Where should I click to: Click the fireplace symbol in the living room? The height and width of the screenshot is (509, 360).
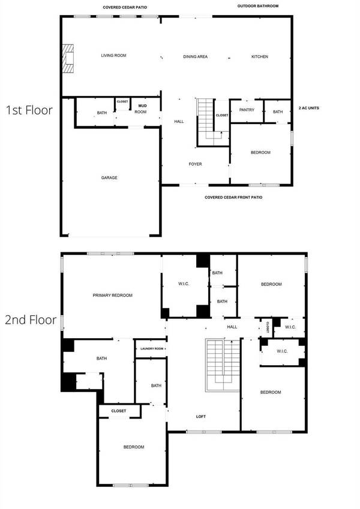pyautogui.click(x=69, y=58)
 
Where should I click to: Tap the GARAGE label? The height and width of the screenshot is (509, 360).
pyautogui.click(x=109, y=177)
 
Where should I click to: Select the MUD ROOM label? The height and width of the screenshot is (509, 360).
pyautogui.click(x=140, y=109)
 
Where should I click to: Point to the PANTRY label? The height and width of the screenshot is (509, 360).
pyautogui.click(x=247, y=110)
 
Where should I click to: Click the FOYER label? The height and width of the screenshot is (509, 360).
pyautogui.click(x=196, y=164)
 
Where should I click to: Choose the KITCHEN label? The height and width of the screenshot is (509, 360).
pyautogui.click(x=260, y=56)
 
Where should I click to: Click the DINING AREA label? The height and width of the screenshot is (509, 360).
pyautogui.click(x=196, y=56)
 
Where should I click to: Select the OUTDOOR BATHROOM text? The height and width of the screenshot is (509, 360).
pyautogui.click(x=257, y=6)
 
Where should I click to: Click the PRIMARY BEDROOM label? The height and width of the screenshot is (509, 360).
pyautogui.click(x=113, y=295)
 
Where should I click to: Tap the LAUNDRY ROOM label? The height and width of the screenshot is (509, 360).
pyautogui.click(x=151, y=348)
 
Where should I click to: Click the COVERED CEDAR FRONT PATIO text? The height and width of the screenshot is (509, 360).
pyautogui.click(x=233, y=197)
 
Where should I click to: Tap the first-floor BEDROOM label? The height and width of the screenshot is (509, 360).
pyautogui.click(x=260, y=152)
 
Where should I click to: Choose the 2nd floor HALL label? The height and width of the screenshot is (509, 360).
pyautogui.click(x=232, y=327)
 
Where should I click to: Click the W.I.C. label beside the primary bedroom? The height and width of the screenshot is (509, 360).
pyautogui.click(x=184, y=284)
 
